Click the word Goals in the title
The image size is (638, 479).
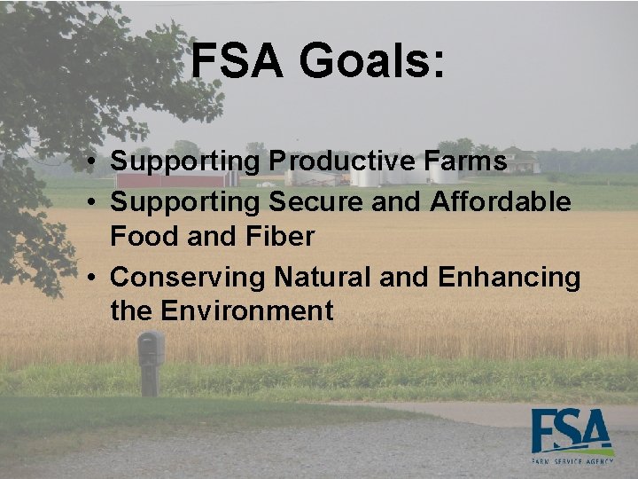(363, 62)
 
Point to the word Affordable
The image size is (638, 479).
(500, 202)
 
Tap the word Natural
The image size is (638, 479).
(323, 278)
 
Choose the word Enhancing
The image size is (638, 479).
(509, 278)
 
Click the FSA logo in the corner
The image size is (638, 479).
(572, 432)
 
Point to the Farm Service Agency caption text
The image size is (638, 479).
(572, 462)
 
